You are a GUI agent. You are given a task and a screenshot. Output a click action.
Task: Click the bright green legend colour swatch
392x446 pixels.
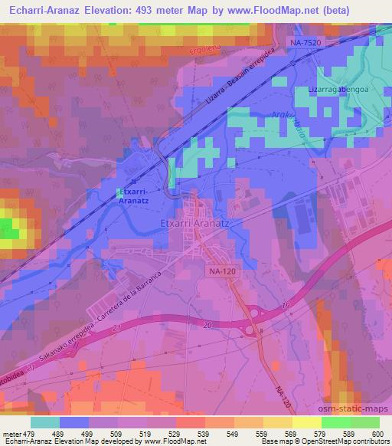click(334, 421)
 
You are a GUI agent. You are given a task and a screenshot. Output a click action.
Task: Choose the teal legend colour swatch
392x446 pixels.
click(46, 421)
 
